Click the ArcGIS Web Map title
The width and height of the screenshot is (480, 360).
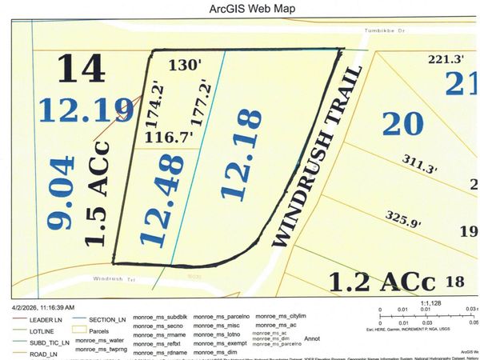pos(239,10)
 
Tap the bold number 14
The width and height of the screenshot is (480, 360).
pos(82,69)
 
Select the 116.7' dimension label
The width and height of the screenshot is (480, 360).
pos(168,137)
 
